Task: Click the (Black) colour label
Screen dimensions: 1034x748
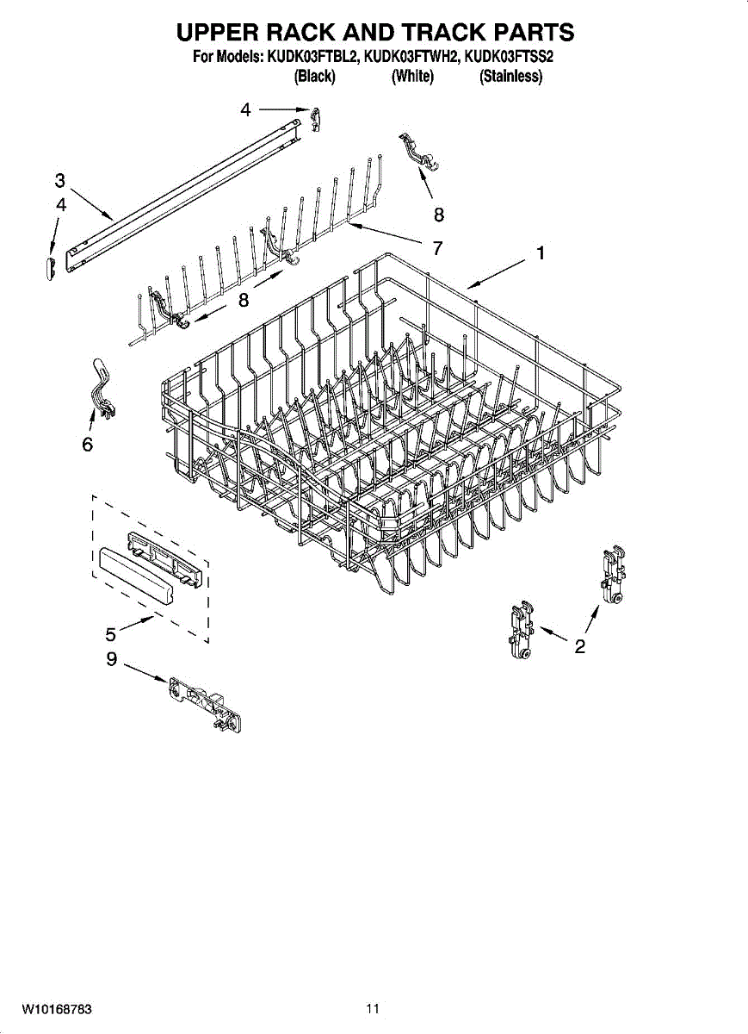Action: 314,77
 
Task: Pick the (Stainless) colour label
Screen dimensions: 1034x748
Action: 511,77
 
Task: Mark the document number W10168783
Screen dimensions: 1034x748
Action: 57,1008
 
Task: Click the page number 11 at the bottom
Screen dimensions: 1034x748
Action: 373,1008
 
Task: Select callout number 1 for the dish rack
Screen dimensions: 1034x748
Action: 540,253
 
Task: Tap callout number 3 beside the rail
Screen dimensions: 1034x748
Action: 59,180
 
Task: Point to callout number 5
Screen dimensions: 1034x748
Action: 111,635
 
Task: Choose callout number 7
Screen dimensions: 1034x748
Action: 437,248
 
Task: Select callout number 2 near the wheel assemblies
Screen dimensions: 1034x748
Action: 580,646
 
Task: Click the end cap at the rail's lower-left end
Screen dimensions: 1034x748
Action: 50,266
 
